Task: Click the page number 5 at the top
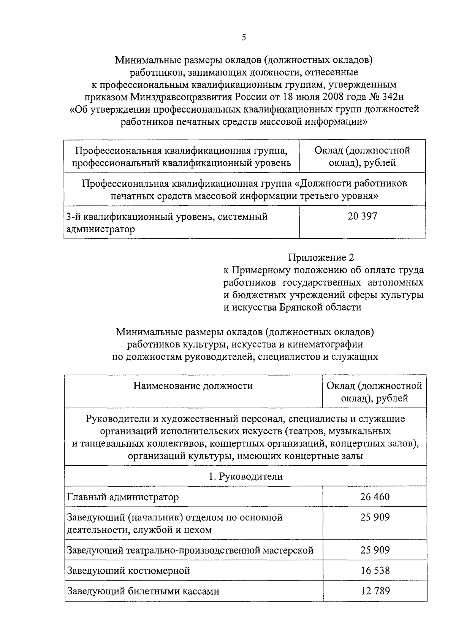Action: pos(244,37)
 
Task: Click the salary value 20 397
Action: pos(362,216)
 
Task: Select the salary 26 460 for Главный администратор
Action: pos(375,497)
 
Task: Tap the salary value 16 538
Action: pos(375,571)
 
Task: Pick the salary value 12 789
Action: pos(375,591)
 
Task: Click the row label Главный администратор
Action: pos(123,497)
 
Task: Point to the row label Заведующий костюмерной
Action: pos(128,571)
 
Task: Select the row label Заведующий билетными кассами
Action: pos(143,592)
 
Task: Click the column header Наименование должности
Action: pos(193,386)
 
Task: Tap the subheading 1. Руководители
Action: pos(245,476)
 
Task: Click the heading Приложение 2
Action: pos(321,258)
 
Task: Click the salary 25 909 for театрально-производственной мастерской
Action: pos(375,550)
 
